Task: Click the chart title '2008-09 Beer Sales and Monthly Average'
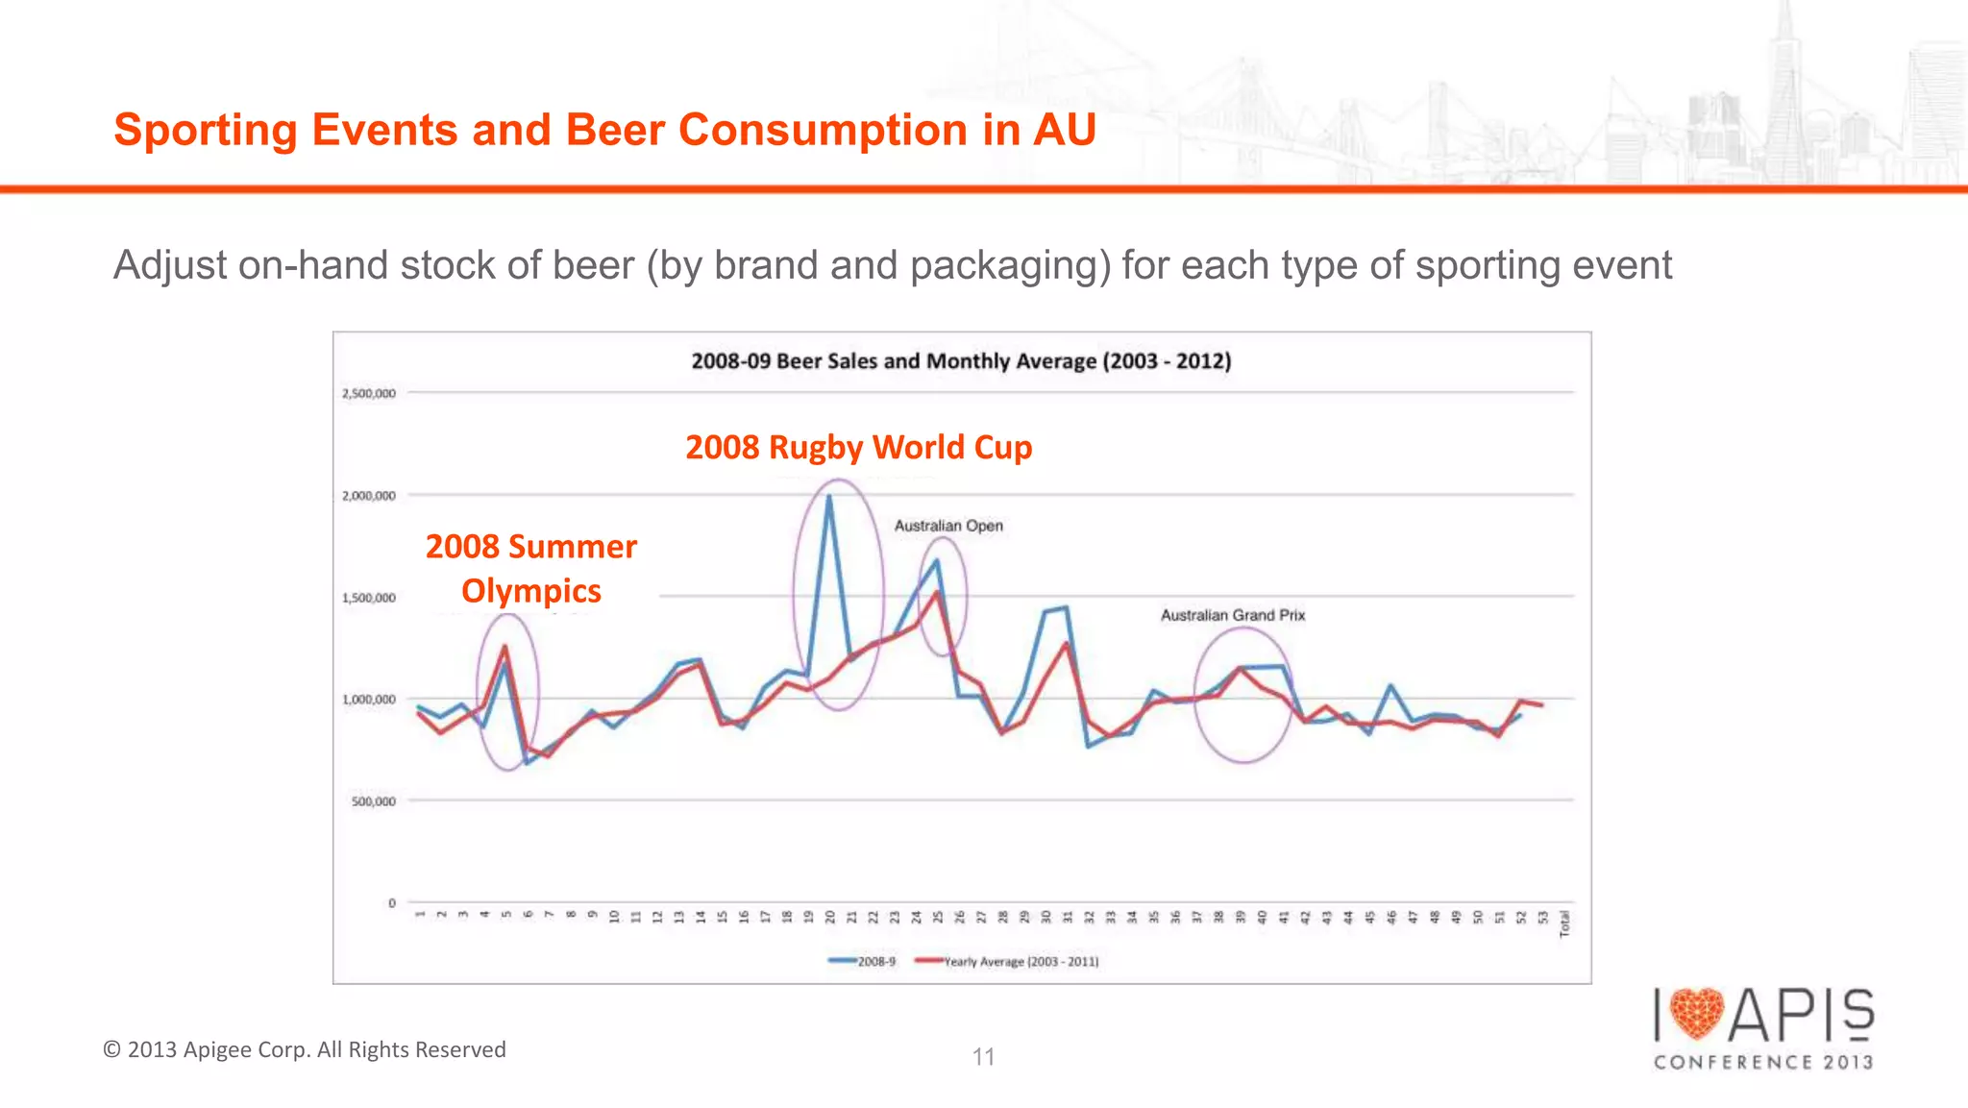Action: click(x=961, y=361)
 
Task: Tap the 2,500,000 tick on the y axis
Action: click(x=369, y=393)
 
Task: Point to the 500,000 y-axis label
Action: click(x=373, y=801)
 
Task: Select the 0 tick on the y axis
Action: click(x=392, y=903)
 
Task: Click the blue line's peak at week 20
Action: click(x=829, y=497)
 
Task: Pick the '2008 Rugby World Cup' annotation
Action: click(x=858, y=448)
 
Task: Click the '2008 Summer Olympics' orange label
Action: click(x=531, y=568)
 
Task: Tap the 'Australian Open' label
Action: click(x=948, y=526)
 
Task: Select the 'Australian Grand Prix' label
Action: click(x=1233, y=615)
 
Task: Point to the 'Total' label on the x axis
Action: click(x=1564, y=923)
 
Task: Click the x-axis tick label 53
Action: click(x=1543, y=917)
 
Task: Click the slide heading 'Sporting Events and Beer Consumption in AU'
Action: click(x=604, y=130)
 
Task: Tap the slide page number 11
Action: click(x=983, y=1057)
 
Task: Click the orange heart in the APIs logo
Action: click(x=1697, y=1015)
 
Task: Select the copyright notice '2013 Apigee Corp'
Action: click(x=305, y=1049)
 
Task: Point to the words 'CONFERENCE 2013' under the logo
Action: click(x=1763, y=1062)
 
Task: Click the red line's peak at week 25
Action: click(x=937, y=592)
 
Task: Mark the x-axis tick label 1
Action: click(x=420, y=914)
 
